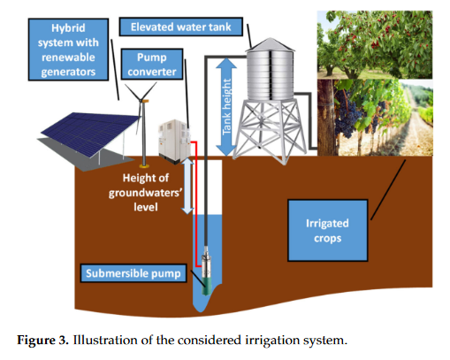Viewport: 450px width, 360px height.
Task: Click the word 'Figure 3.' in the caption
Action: coord(46,337)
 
